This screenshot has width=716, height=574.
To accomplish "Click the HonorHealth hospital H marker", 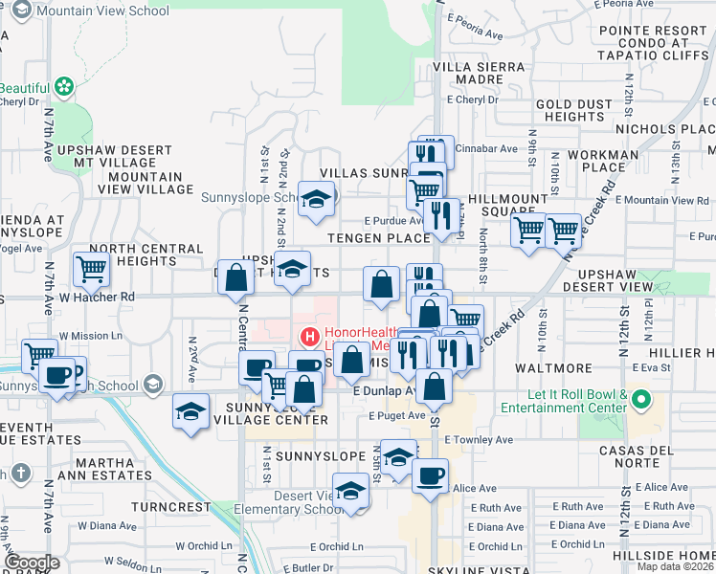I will click(x=309, y=336).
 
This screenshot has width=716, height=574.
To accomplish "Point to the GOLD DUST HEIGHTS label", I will click(x=575, y=110).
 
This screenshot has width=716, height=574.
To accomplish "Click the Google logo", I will click(x=32, y=563).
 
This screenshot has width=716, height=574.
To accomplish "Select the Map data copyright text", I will click(x=675, y=566).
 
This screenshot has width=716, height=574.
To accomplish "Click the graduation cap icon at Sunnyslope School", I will click(x=314, y=198).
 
